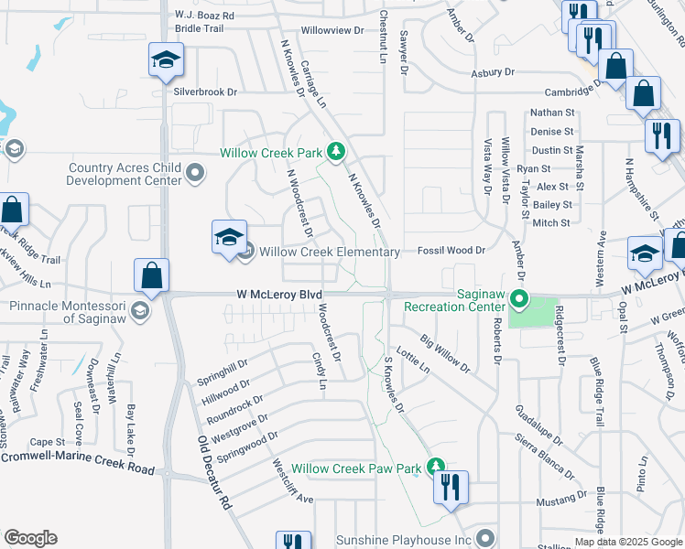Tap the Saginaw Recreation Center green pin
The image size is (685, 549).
coord(519,299)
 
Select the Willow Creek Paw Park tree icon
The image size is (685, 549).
coord(437,468)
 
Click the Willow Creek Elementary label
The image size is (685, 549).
coord(330,252)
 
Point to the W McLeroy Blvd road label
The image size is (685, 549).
coord(279,295)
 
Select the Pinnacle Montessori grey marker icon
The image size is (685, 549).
coord(139,311)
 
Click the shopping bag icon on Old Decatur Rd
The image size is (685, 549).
coord(151,275)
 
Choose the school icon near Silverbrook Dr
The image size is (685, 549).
coord(166,61)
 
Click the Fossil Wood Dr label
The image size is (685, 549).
coord(451,250)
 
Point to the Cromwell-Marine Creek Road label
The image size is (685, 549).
coord(77,461)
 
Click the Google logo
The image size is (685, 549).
coord(29,538)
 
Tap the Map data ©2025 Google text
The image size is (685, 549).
coord(627,542)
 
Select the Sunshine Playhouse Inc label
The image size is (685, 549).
coord(403,541)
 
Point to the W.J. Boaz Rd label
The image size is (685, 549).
coord(204,16)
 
